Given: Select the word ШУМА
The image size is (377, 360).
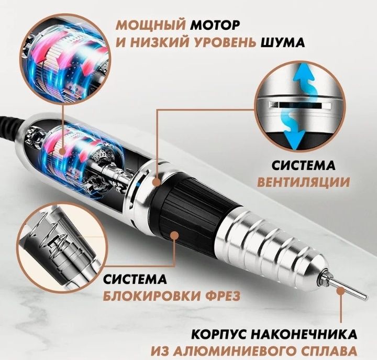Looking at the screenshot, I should pyautogui.click(x=282, y=42).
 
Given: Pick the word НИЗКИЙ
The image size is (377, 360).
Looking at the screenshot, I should pyautogui.click(x=138, y=42).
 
